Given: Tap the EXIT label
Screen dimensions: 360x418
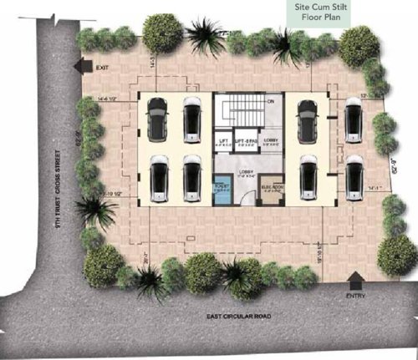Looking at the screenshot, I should (x=103, y=68).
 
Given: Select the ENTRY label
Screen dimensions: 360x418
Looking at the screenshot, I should (x=354, y=297).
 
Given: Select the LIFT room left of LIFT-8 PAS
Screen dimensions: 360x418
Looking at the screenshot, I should (x=223, y=143).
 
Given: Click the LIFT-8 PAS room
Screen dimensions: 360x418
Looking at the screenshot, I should (x=245, y=143).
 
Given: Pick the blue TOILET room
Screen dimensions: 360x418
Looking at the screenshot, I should (x=222, y=193).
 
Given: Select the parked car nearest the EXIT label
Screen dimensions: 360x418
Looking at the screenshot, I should (x=156, y=119).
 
